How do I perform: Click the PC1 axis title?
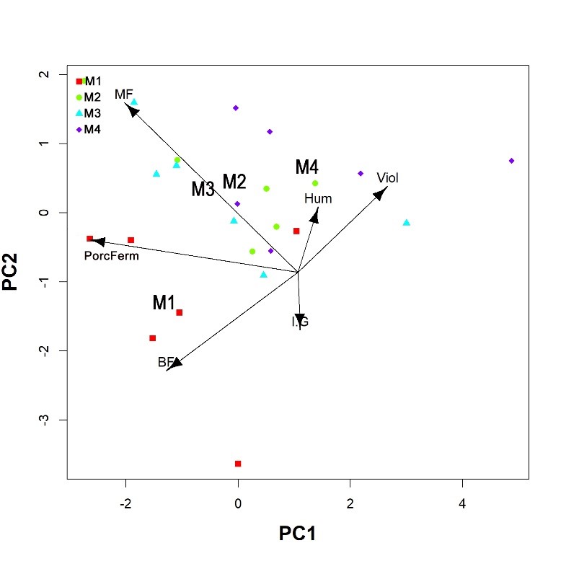297,534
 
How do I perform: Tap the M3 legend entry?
92,113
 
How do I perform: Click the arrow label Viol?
387,177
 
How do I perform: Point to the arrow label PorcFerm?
111,255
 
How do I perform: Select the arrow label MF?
123,94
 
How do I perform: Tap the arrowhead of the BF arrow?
173,364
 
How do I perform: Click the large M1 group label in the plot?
164,304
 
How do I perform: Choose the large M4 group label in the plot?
306,168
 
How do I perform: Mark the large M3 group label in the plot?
203,190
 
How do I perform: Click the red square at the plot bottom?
238,464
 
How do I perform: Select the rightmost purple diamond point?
511,161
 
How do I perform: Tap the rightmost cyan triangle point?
406,223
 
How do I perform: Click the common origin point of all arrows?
298,273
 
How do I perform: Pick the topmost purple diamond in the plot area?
236,108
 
